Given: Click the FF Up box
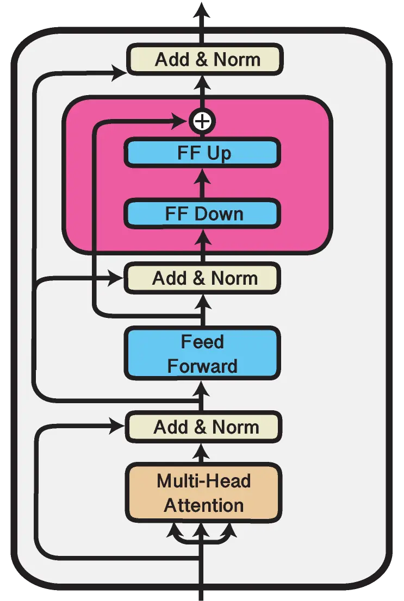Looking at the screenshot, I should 202,153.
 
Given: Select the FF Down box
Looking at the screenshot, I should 202,213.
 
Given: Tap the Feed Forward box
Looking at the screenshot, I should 202,354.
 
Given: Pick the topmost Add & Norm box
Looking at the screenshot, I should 203,59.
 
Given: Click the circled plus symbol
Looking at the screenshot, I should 202,121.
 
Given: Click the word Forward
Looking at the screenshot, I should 202,366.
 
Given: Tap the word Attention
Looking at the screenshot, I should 203,505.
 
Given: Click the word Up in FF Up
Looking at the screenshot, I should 219,153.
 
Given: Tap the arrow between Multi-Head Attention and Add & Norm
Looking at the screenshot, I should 202,452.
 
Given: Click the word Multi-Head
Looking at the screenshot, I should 203,481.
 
